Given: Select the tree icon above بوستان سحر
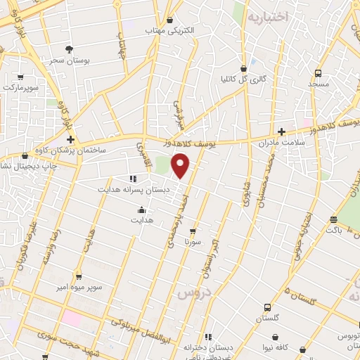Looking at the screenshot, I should (x=69, y=49).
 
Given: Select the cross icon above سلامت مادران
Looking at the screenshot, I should (x=281, y=131).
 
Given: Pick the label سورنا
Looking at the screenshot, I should (x=193, y=241).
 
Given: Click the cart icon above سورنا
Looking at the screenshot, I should (x=193, y=230).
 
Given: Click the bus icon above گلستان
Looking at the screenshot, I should (x=267, y=307).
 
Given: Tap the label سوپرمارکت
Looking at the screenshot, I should (x=20, y=88).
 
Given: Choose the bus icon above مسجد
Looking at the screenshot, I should (x=318, y=72).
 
